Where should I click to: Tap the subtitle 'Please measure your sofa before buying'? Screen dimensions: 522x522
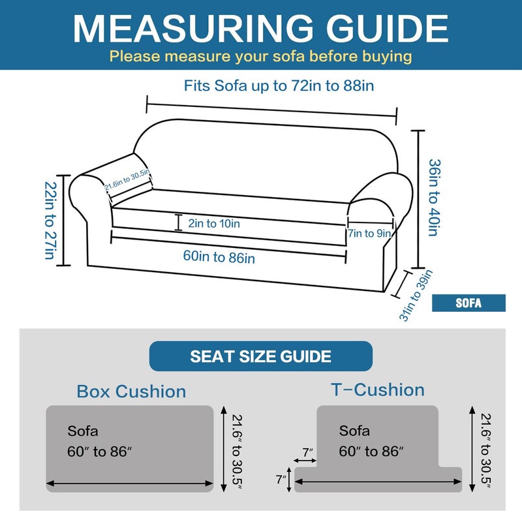(x=260, y=56)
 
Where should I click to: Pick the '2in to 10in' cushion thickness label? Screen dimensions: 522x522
(x=213, y=223)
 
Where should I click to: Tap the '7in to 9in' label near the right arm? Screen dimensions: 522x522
(x=369, y=233)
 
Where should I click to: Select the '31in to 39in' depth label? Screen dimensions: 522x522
(x=416, y=295)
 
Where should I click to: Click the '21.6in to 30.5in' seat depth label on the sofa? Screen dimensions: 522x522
(x=127, y=179)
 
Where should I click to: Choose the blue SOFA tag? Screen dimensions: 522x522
(x=468, y=303)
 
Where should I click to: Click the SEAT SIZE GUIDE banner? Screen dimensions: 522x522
(x=261, y=357)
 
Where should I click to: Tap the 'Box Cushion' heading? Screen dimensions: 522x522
(x=131, y=391)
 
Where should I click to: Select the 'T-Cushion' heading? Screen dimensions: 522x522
(x=378, y=390)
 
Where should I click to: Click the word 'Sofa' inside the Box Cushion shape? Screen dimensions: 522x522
(x=83, y=431)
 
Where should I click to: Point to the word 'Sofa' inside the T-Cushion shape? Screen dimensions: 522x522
(x=354, y=431)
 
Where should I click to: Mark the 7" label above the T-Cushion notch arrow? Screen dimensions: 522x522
(x=308, y=452)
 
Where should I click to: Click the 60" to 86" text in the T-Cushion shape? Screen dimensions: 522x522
(x=371, y=452)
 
